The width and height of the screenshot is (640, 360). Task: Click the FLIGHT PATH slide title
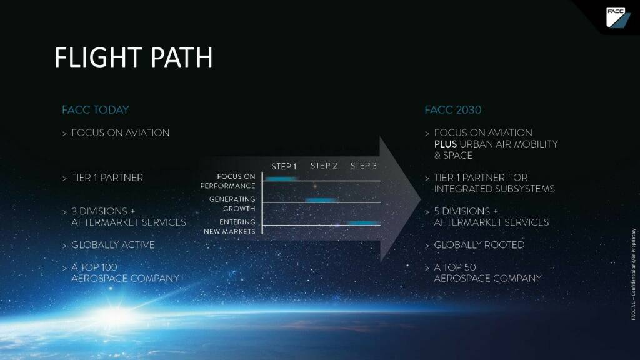click(x=133, y=57)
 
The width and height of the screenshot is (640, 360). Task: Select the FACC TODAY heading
click(x=95, y=110)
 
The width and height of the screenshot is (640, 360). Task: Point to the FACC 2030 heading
click(x=452, y=110)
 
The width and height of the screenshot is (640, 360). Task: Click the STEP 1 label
click(x=284, y=167)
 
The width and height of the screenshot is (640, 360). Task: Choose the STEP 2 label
click(x=324, y=166)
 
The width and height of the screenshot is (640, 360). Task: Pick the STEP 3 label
click(x=363, y=166)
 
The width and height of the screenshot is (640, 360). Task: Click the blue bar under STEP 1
click(x=281, y=179)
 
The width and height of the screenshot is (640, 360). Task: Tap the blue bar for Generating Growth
click(x=321, y=200)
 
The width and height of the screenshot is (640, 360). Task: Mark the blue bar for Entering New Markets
click(x=363, y=222)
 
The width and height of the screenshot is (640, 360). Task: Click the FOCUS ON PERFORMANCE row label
click(x=228, y=181)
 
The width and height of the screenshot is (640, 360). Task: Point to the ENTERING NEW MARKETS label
click(x=229, y=227)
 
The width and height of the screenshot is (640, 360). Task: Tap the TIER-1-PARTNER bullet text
click(x=107, y=178)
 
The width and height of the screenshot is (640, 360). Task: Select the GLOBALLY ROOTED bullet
click(x=479, y=245)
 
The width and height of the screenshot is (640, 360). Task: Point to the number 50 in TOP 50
click(x=470, y=267)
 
